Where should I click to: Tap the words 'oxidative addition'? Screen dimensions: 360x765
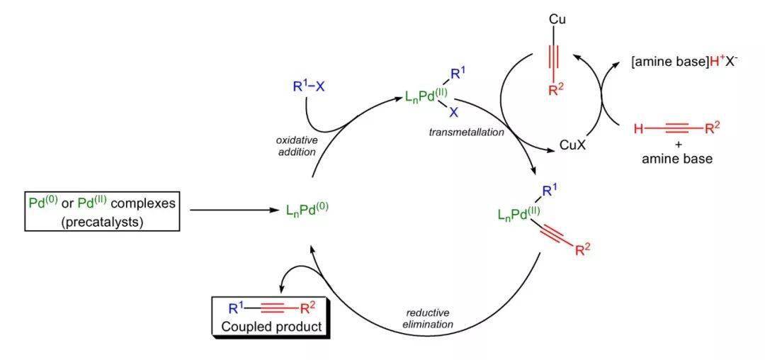[x=296, y=146]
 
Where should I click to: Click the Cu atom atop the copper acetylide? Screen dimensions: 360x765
[x=557, y=19]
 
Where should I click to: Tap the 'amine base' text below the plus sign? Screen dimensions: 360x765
[x=676, y=159]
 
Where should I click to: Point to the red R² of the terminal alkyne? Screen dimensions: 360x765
[x=712, y=128]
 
